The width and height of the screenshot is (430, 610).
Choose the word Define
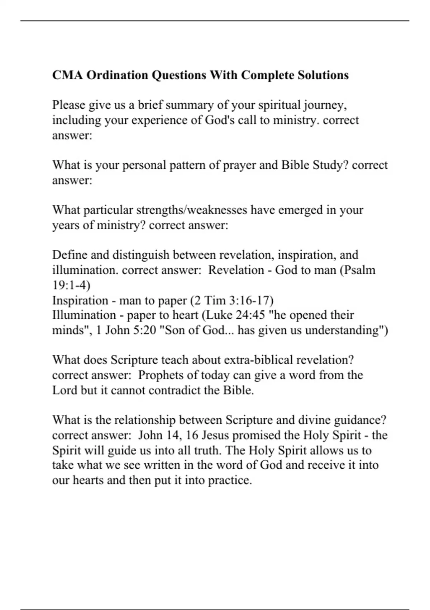[70, 255]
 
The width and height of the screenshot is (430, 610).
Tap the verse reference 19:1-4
[71, 285]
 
